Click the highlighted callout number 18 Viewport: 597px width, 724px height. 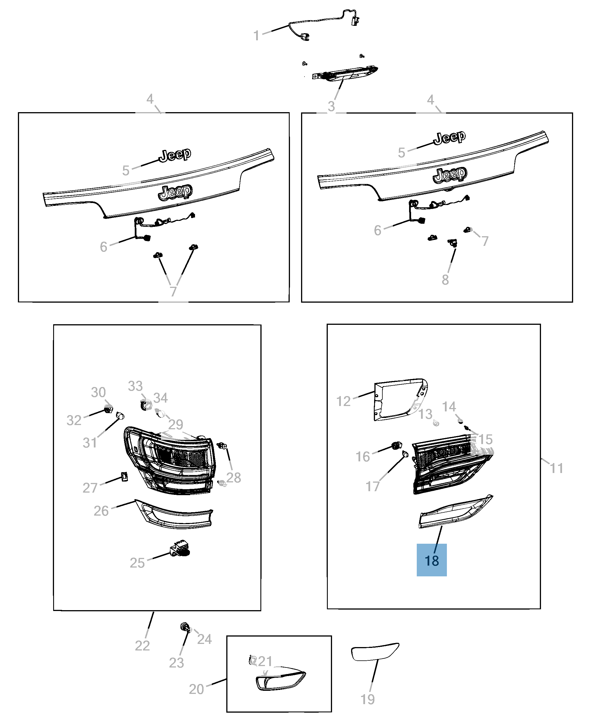pyautogui.click(x=431, y=561)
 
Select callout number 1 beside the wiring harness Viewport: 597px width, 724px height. pyautogui.click(x=256, y=36)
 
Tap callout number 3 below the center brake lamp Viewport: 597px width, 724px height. pyautogui.click(x=331, y=106)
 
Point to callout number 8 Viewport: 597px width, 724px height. pyautogui.click(x=445, y=280)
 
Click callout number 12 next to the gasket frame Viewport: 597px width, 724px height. pyautogui.click(x=343, y=401)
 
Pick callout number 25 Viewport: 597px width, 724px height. pyautogui.click(x=137, y=563)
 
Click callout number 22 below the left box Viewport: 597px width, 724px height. pyautogui.click(x=142, y=646)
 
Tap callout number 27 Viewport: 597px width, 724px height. pyautogui.click(x=90, y=488)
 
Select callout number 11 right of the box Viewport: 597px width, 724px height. pyautogui.click(x=556, y=468)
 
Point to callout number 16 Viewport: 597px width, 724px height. pyautogui.click(x=362, y=457)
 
